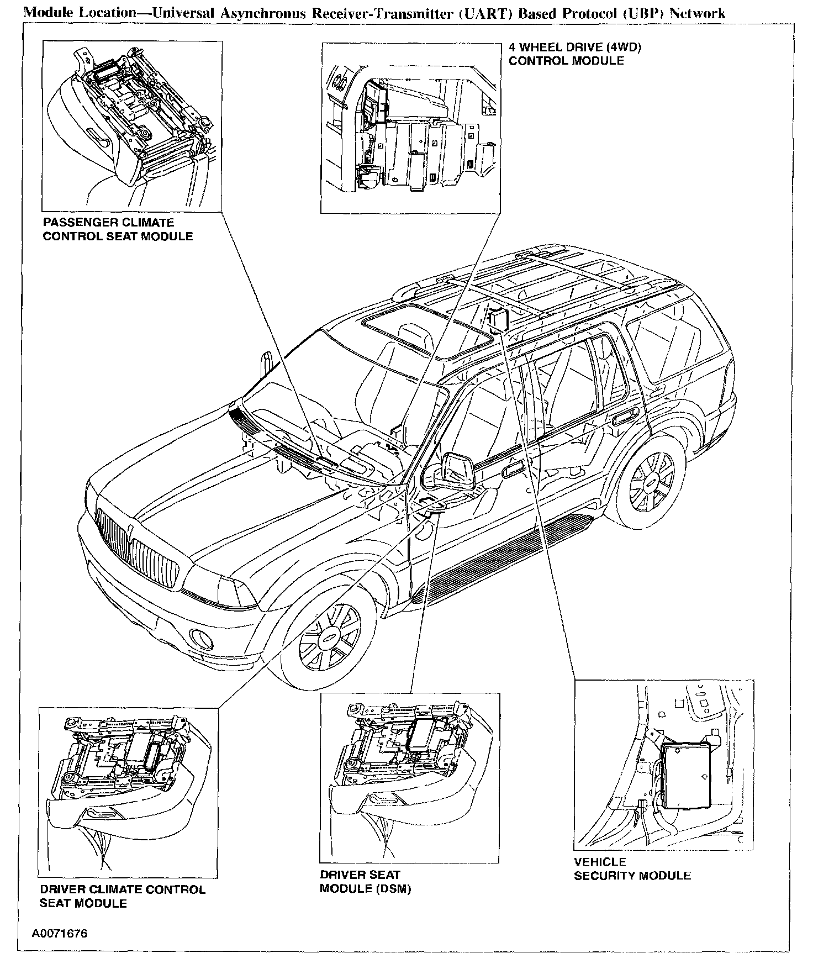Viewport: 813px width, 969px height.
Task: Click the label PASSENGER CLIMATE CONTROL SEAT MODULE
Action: tap(118, 230)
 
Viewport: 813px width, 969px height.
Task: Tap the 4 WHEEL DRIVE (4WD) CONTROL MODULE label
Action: tap(575, 54)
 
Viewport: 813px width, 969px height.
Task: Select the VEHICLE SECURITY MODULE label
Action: tap(632, 868)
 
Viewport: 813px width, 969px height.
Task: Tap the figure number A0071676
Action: tap(59, 933)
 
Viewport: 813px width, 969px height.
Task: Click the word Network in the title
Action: tap(697, 13)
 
